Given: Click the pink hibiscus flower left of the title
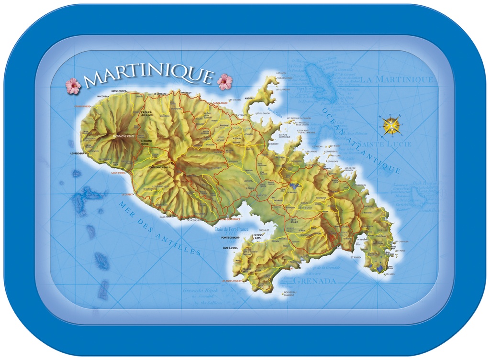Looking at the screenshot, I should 73,86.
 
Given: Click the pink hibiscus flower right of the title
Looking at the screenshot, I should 224,82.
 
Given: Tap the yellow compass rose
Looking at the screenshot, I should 391,125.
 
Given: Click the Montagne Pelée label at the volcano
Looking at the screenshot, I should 123,136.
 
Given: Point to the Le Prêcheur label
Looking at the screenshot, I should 78,153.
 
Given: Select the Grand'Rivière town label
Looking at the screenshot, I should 82,106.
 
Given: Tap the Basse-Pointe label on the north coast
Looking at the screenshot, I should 119,91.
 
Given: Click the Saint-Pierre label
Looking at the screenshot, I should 118,173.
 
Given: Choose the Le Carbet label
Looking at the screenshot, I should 127,195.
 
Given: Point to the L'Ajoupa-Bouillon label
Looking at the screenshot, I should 146,114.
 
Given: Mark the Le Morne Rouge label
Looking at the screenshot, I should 146,142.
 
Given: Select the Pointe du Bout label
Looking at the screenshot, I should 230,238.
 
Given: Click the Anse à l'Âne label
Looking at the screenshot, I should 230,248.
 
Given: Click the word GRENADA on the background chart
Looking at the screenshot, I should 314,281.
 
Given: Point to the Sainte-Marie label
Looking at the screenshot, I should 220,103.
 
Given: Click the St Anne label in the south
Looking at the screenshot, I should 356,257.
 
